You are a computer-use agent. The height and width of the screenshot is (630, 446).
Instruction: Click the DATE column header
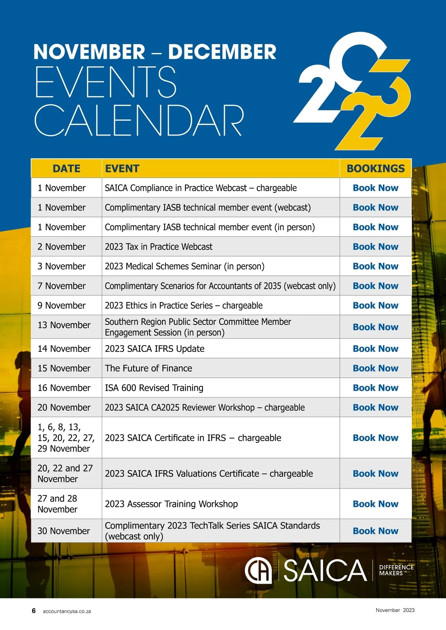coord(67,169)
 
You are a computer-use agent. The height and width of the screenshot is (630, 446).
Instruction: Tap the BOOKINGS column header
coord(375,169)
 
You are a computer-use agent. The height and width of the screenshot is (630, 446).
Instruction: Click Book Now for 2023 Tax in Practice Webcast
coord(375,247)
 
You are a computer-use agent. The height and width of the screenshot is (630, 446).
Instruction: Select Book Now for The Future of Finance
coord(375,368)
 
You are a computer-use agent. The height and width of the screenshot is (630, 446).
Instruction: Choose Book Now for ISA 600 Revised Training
coord(375,388)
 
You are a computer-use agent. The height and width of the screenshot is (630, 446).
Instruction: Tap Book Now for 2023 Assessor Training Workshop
coord(375,504)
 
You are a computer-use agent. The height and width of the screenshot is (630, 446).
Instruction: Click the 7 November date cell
coord(62,286)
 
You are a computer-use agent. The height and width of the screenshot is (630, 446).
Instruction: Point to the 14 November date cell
coord(64,349)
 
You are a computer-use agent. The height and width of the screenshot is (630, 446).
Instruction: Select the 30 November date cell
coord(64,531)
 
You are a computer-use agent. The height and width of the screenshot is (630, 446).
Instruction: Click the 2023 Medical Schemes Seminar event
coord(185,266)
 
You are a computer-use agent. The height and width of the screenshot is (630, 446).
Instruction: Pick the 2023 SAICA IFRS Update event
coord(155,349)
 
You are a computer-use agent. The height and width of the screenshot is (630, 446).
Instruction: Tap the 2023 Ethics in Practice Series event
coord(184,306)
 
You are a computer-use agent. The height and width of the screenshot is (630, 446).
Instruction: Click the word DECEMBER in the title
coord(222,52)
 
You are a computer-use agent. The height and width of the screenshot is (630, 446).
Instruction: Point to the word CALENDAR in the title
coord(139,120)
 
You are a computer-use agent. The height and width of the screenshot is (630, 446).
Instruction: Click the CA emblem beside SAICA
coord(258,571)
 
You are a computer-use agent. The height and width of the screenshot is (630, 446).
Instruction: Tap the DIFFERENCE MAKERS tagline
coord(396,570)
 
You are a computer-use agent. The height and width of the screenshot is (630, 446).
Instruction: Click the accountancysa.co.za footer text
coord(67,611)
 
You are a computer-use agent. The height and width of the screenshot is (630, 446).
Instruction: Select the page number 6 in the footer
coord(34,611)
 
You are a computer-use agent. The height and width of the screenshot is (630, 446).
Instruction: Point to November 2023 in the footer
coord(395,610)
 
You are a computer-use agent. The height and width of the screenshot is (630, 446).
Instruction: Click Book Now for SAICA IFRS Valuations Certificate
coord(375,474)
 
